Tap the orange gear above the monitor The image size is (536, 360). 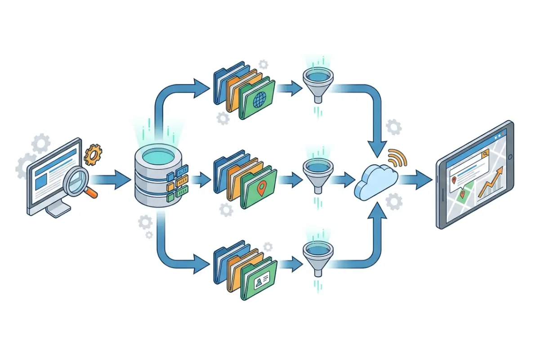click(93, 154)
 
